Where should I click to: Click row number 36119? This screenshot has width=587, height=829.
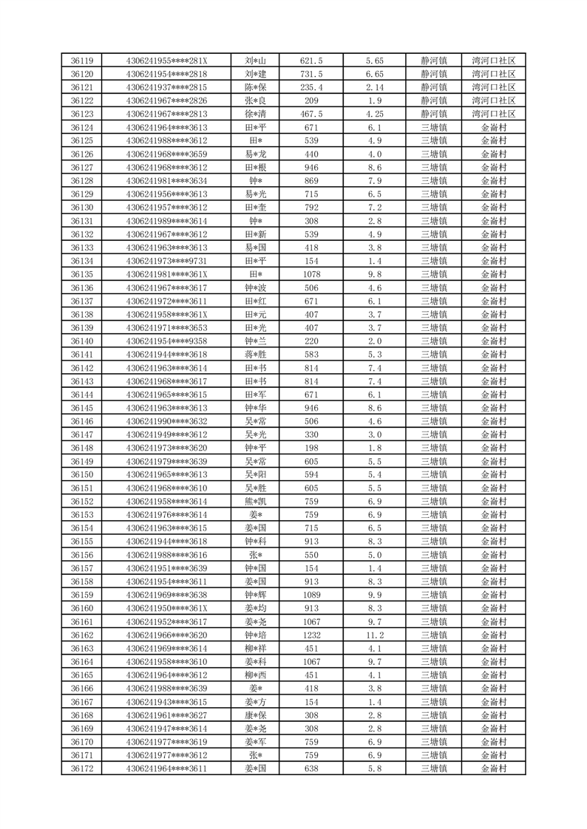point(81,61)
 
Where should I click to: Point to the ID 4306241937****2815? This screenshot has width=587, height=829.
point(167,87)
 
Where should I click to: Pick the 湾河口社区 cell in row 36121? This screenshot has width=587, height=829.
point(494,87)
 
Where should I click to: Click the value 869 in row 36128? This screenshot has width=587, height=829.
point(311,181)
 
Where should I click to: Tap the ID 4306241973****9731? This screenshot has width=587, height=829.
point(167,261)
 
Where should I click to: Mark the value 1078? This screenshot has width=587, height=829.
point(311,274)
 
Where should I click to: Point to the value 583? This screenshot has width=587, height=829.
point(311,355)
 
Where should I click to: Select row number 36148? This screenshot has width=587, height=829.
point(81,448)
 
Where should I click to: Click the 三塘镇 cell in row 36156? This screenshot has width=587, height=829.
point(434,555)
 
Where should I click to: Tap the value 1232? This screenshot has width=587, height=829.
point(311,635)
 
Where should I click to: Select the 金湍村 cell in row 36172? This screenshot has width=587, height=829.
point(494,769)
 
